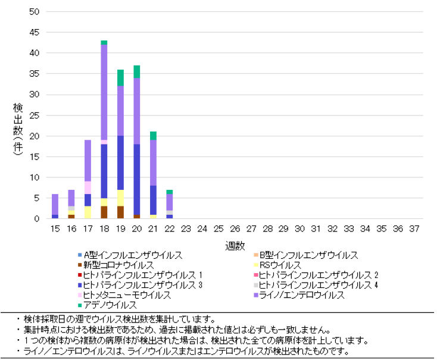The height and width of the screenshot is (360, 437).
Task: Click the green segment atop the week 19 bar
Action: tap(120, 77)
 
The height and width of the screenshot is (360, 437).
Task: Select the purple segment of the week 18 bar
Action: tap(104, 92)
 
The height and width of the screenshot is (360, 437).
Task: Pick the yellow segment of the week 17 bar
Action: tap(88, 212)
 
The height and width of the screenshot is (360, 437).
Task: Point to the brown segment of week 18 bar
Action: tap(104, 212)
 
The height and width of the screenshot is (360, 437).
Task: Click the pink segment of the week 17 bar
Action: tap(88, 187)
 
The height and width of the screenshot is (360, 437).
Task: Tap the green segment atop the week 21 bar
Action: tap(153, 136)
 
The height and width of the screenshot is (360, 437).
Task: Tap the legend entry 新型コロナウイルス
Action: tap(118, 265)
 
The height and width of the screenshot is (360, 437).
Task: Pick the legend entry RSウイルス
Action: tap(280, 265)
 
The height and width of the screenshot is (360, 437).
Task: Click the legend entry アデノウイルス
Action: tap(111, 305)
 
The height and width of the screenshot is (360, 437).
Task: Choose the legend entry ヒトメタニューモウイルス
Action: tap(127, 295)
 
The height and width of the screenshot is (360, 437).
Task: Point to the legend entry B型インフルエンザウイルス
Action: tap(309, 255)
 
